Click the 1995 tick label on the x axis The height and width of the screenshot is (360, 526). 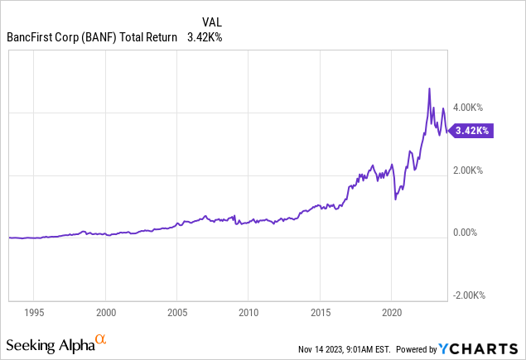(x=34, y=313)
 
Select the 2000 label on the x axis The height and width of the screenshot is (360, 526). (x=105, y=313)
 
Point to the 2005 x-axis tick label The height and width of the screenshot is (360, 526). (x=176, y=313)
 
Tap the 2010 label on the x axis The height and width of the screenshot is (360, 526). (x=248, y=313)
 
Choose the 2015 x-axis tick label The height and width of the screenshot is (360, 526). (x=319, y=313)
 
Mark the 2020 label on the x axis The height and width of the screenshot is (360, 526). (x=390, y=313)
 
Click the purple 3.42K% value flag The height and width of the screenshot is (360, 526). (x=472, y=131)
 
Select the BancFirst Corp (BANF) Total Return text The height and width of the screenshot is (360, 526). (x=91, y=37)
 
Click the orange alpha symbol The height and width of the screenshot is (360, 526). (x=100, y=340)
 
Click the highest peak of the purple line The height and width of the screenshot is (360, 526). (x=429, y=89)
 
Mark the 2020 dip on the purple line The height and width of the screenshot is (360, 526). (x=395, y=199)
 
